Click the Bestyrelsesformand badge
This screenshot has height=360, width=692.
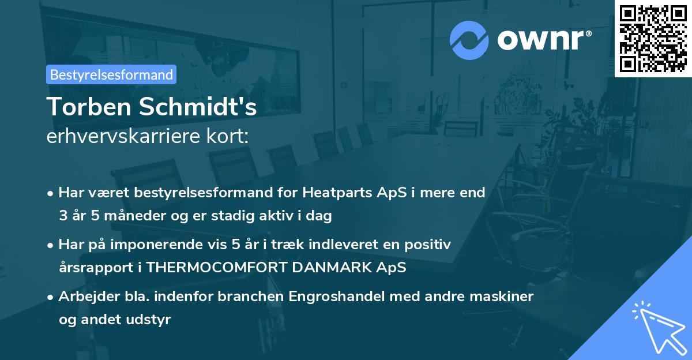click(111, 74)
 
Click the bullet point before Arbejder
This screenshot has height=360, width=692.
click(51, 297)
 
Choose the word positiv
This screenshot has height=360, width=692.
click(427, 245)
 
